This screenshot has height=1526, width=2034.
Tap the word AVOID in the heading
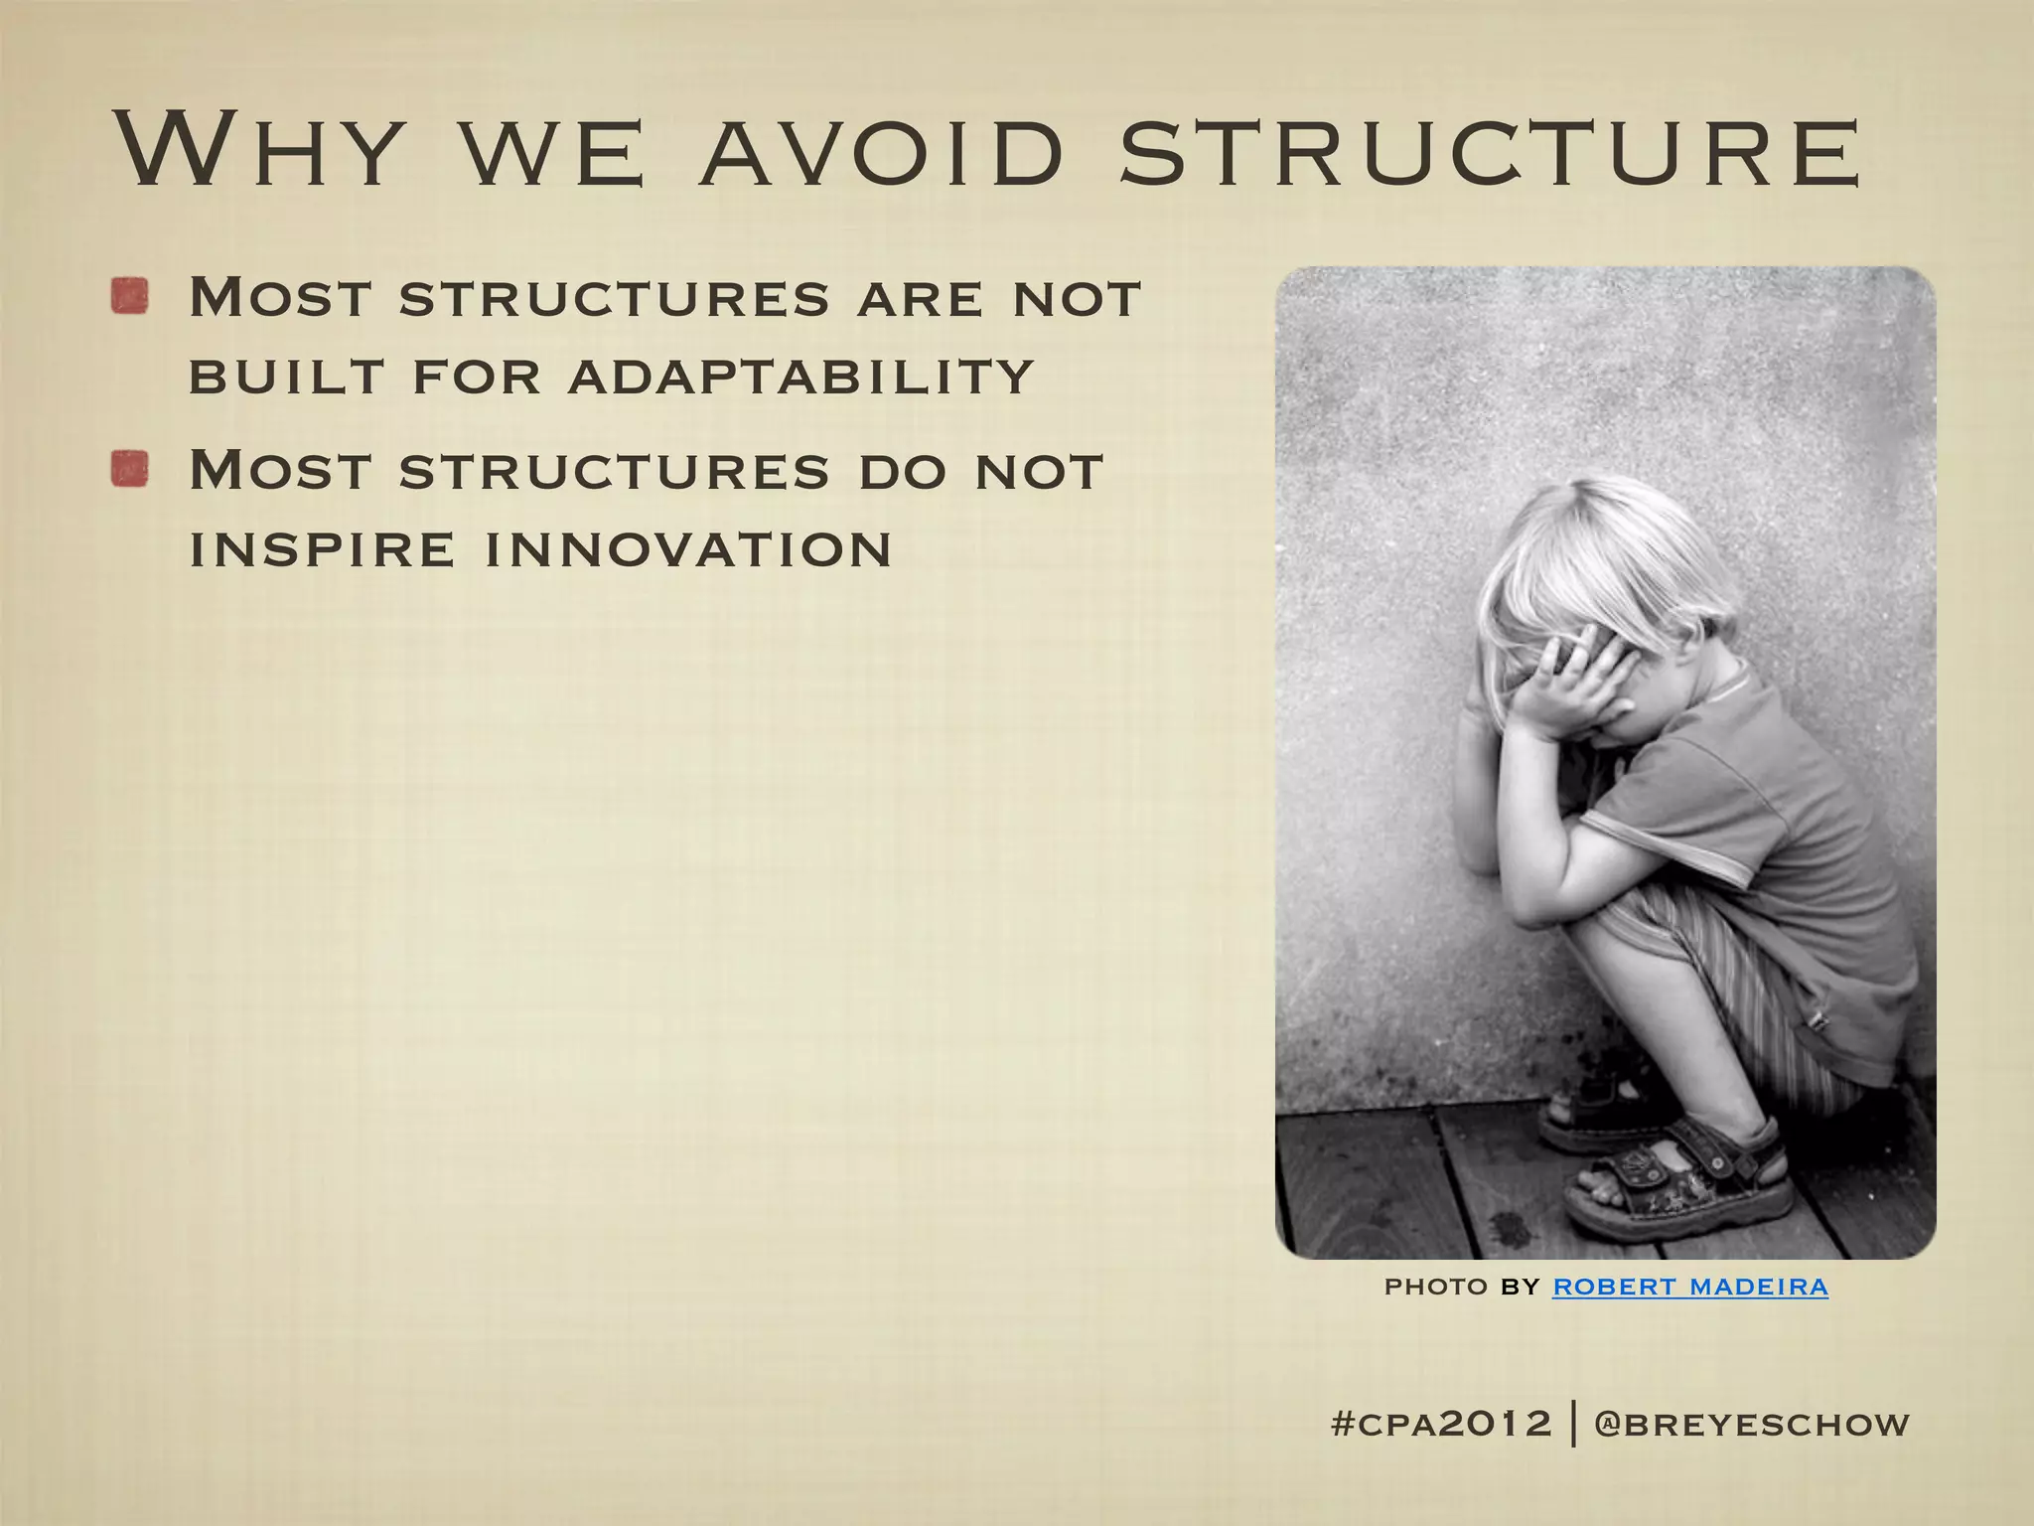point(882,152)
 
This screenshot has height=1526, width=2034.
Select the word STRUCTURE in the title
point(1490,152)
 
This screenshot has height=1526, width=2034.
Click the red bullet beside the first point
point(130,296)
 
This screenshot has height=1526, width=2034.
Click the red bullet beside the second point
point(130,469)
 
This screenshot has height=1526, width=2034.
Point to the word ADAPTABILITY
point(801,377)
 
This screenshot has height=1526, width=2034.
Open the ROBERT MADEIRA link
point(1689,1287)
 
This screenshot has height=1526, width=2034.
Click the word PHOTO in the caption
point(1436,1287)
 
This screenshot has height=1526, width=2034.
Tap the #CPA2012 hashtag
point(1441,1423)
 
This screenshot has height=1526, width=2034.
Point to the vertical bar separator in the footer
point(1574,1423)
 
